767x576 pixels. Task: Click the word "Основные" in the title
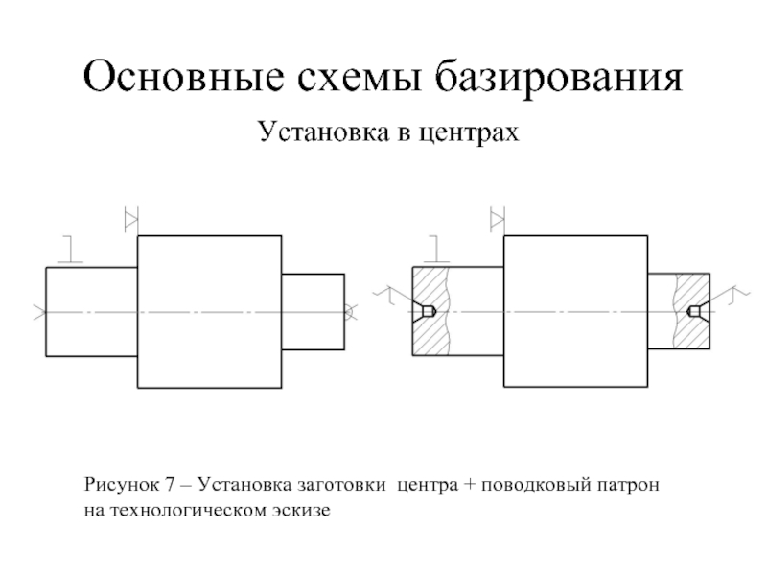[183, 76]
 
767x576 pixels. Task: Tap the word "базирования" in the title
[559, 78]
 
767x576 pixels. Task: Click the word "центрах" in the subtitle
[469, 132]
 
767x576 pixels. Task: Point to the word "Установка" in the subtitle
[323, 131]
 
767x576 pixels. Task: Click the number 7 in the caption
[170, 485]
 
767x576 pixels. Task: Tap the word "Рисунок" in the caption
[122, 485]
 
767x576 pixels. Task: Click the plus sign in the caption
[470, 485]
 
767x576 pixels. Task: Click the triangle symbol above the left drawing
[130, 220]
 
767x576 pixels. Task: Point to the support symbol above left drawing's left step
[70, 250]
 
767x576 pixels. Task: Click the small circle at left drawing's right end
[348, 311]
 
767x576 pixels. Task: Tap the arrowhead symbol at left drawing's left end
[40, 312]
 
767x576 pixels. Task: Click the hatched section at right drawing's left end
[430, 311]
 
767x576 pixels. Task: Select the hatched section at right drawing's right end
[691, 311]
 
